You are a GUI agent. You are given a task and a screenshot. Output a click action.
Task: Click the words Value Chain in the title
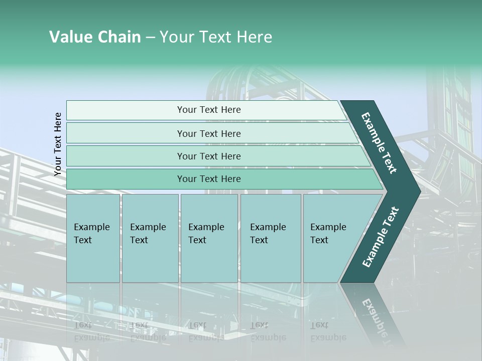pyautogui.click(x=95, y=37)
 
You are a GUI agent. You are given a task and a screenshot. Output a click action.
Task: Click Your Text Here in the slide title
pyautogui.click(x=216, y=37)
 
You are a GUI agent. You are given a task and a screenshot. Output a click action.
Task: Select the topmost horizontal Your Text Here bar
pyautogui.click(x=209, y=110)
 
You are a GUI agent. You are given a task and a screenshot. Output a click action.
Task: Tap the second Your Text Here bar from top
pyautogui.click(x=209, y=133)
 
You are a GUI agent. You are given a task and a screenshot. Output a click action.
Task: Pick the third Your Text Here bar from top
pyautogui.click(x=209, y=156)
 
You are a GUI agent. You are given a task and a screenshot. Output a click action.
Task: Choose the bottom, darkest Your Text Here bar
pyautogui.click(x=209, y=179)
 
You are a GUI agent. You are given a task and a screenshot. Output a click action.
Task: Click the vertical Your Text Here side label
pyautogui.click(x=58, y=144)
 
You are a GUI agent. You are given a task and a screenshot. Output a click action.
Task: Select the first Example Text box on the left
pyautogui.click(x=93, y=238)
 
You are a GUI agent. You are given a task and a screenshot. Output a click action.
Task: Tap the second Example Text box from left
pyautogui.click(x=150, y=238)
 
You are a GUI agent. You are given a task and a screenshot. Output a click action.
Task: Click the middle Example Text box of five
pyautogui.click(x=209, y=238)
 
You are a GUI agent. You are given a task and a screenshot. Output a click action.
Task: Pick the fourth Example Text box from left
pyautogui.click(x=270, y=238)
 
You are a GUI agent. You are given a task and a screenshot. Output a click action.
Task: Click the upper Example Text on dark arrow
pyautogui.click(x=379, y=143)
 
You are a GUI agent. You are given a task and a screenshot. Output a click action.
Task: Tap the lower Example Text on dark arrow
pyautogui.click(x=381, y=237)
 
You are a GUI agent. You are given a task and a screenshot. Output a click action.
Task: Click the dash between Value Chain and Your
pyautogui.click(x=150, y=38)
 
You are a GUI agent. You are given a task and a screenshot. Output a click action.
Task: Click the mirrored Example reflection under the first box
pyautogui.click(x=91, y=337)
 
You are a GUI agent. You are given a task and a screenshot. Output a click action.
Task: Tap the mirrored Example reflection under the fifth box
pyautogui.click(x=328, y=337)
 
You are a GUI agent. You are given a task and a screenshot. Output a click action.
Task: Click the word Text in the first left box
pyautogui.click(x=83, y=240)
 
